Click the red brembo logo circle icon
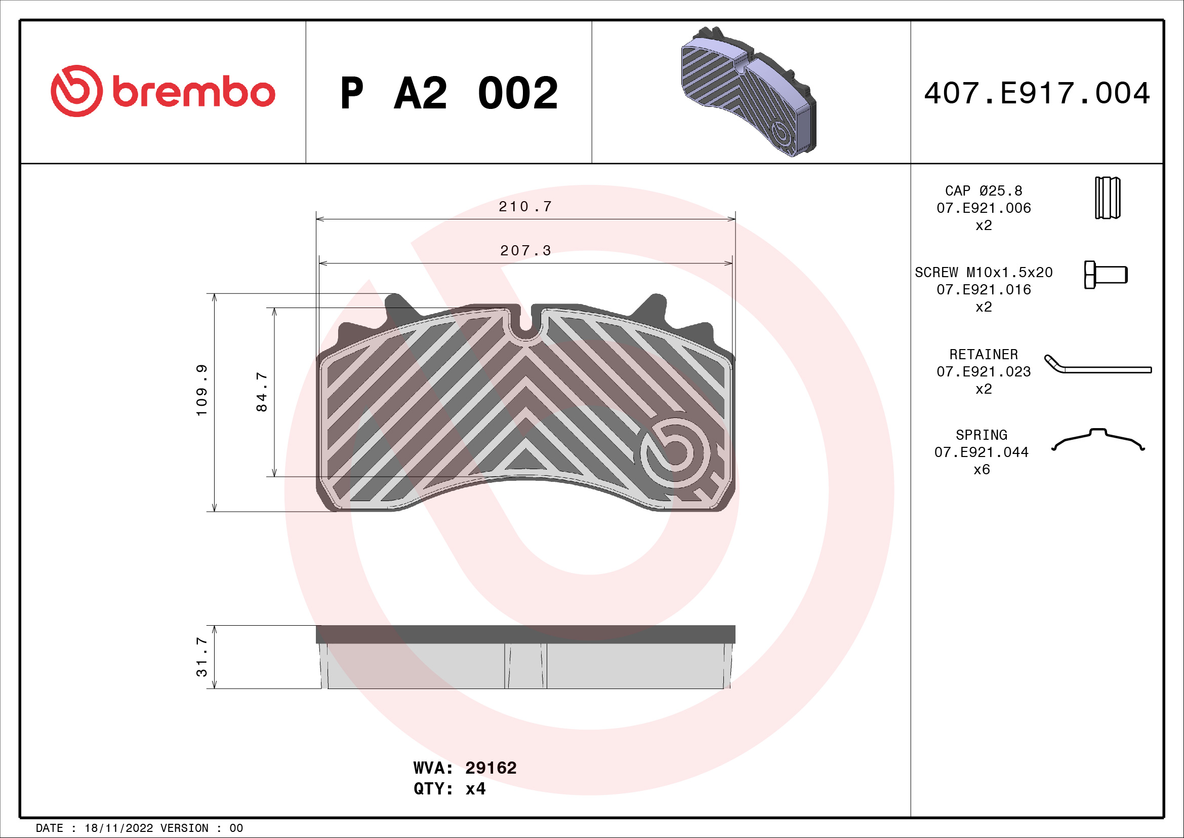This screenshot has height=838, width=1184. (x=76, y=91)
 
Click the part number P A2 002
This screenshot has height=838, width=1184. (x=448, y=93)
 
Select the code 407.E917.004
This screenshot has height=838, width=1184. (x=1037, y=93)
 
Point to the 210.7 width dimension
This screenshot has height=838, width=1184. (x=525, y=207)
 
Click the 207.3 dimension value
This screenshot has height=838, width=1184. (x=525, y=251)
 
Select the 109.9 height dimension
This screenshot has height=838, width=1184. (x=201, y=390)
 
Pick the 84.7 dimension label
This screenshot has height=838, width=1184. (x=262, y=392)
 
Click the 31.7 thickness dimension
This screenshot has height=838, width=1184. (x=201, y=657)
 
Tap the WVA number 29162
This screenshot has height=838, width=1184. (x=491, y=768)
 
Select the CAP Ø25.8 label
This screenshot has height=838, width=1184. (x=984, y=191)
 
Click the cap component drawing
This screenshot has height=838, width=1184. (x=1107, y=198)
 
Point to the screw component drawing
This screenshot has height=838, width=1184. (x=1106, y=275)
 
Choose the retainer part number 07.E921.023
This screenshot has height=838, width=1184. (x=984, y=371)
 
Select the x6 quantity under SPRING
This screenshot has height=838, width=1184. (x=982, y=470)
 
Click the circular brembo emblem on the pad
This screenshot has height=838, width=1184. (x=674, y=452)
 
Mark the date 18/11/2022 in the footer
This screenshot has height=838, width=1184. (x=118, y=828)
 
